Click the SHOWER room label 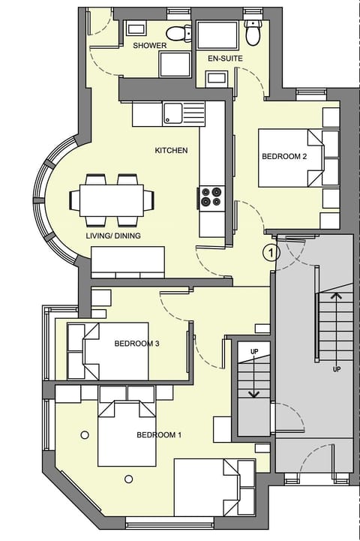point(149,46)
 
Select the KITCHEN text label point(171,151)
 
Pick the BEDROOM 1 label point(159,434)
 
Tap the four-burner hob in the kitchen point(211,197)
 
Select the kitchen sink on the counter point(173,113)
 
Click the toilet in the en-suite point(253,32)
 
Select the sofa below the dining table point(128,263)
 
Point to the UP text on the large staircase point(337,369)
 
